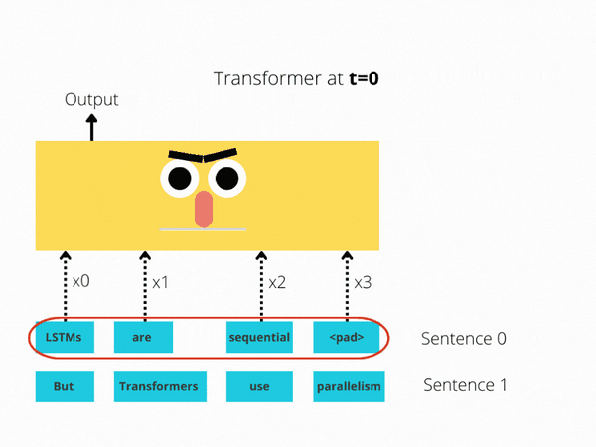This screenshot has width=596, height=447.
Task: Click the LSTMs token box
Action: click(65, 337)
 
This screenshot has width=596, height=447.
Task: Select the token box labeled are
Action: click(143, 337)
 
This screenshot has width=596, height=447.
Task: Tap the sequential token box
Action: click(259, 337)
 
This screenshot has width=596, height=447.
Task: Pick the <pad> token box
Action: click(346, 337)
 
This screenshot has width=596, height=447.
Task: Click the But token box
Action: click(65, 386)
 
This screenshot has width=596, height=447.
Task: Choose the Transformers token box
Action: click(157, 386)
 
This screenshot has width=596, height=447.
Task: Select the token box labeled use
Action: click(259, 386)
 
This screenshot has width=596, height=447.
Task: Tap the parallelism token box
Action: click(348, 386)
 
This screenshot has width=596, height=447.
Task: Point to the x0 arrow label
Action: click(80, 281)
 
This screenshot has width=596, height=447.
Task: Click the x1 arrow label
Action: click(161, 282)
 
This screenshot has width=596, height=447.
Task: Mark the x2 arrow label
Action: click(277, 282)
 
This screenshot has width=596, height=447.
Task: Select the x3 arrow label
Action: click(363, 282)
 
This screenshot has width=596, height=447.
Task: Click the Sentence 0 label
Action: click(464, 338)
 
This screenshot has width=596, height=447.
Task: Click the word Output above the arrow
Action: click(91, 99)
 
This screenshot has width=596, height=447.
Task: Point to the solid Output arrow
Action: click(92, 127)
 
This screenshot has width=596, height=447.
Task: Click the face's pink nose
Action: click(204, 209)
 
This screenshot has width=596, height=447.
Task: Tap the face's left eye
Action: click(179, 178)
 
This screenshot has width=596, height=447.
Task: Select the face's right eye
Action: click(227, 178)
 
